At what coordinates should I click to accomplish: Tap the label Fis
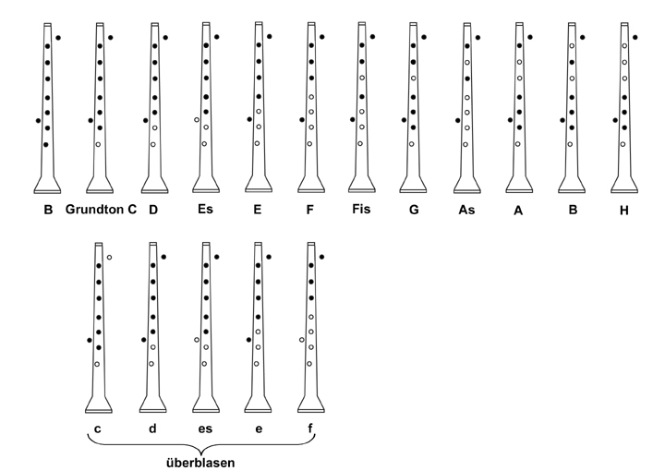pos(361,209)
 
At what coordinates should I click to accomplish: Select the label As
pos(466,210)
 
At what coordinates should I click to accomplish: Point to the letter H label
pos(623,211)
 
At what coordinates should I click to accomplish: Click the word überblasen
pos(200,463)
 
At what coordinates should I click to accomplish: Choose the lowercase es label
pos(205,429)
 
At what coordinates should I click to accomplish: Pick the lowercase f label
pos(310,429)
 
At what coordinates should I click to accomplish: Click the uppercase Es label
pos(205,209)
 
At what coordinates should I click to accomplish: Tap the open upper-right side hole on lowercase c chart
pos(109,258)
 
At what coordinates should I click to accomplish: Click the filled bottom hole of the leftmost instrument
pos(46,145)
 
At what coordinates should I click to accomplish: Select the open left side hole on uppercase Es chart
pos(197,120)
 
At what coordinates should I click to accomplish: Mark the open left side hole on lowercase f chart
pos(301,340)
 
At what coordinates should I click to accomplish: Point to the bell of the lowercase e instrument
pos(258,404)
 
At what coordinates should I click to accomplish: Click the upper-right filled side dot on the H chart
pos(635,37)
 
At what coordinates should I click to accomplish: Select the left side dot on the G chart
pos(404,120)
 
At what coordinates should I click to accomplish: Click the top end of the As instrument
pos(467,25)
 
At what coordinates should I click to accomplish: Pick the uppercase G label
pos(414,210)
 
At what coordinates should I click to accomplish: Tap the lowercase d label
pos(152,429)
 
